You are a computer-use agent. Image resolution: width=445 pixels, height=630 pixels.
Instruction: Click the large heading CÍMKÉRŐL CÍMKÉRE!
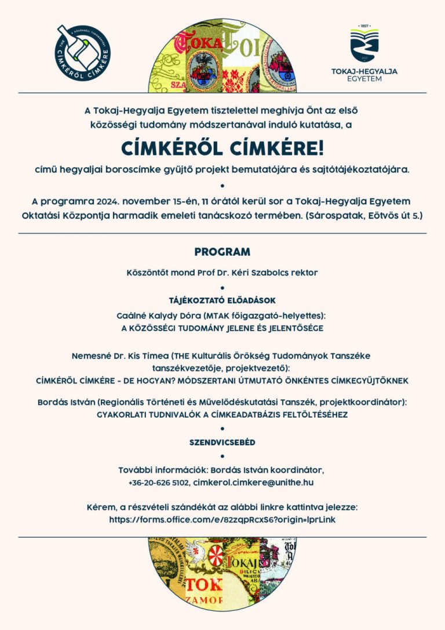(222, 148)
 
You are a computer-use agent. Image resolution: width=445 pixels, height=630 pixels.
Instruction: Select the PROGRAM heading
(222, 252)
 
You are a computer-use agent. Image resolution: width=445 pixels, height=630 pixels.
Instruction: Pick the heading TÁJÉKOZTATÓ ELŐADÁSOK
(222, 300)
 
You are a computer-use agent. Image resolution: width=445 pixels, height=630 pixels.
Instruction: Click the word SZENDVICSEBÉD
(222, 442)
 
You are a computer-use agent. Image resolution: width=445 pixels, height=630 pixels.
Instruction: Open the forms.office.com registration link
(222, 520)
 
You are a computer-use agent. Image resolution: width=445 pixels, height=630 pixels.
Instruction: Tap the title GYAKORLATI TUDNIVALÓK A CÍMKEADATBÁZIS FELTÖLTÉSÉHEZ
(222, 414)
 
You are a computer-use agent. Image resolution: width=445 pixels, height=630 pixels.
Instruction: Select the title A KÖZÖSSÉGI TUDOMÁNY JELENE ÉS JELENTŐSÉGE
(222, 328)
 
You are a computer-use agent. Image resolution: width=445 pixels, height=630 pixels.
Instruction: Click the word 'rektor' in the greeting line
(306, 271)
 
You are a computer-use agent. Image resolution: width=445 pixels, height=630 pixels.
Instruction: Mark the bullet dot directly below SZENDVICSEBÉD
(222, 456)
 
